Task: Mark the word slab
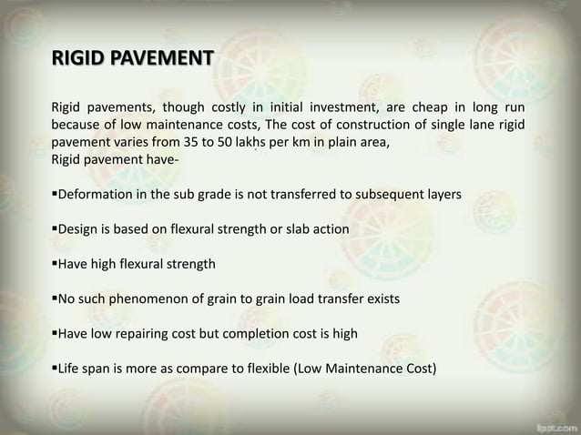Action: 287,229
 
